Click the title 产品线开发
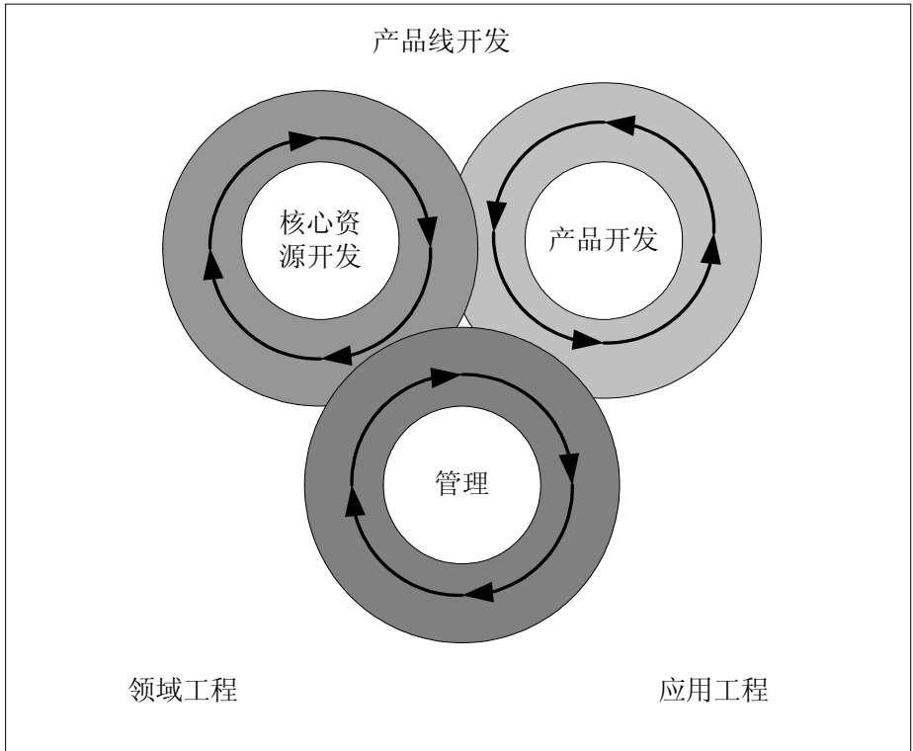441,42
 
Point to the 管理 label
461,484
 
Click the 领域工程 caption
184,689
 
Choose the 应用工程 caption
712,689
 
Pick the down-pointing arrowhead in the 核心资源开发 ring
428,230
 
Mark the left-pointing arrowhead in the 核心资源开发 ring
337,352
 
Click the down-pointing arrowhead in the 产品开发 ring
497,213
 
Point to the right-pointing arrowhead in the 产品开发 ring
587,339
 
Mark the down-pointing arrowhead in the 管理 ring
569,466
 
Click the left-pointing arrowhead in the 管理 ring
478,592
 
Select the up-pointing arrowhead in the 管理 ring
353,502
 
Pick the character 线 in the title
441,42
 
